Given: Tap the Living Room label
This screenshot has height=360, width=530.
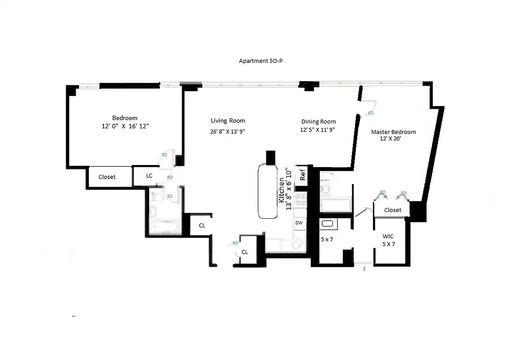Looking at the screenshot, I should tap(228, 121).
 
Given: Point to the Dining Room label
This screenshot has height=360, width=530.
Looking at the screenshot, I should tap(318, 121).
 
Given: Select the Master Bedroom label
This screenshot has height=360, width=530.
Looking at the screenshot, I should tap(393, 132).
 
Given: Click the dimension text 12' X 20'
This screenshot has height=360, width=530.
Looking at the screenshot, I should tap(391, 139).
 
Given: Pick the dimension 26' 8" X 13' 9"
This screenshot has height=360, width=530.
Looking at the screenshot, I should tap(228, 131).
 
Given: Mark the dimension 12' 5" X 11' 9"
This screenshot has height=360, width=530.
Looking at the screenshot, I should tap(318, 130).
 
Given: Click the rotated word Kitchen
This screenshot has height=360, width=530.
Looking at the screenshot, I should tap(282, 189).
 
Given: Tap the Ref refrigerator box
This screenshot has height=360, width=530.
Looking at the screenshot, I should tap(302, 175).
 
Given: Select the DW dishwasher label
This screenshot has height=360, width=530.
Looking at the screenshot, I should tap(299, 223).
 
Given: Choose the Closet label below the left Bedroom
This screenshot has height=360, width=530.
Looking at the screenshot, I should tap(107, 177).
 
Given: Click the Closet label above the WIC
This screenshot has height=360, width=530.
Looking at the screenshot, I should tap(392, 210).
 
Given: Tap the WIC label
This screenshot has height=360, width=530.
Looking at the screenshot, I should tap(388, 236).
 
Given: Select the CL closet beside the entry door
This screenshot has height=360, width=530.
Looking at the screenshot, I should tap(245, 252).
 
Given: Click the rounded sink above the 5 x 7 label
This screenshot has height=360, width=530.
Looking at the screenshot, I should tap(328, 223).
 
